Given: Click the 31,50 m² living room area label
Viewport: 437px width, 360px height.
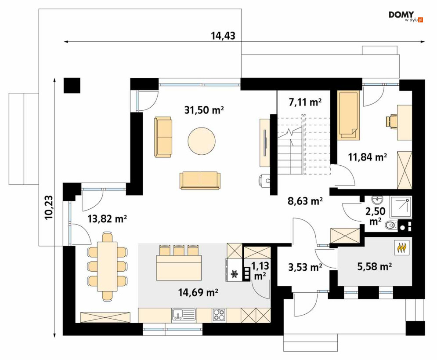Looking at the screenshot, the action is [204, 110].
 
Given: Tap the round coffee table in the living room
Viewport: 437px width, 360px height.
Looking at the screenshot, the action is [202, 141].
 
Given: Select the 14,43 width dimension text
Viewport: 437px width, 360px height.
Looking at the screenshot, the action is [223, 36].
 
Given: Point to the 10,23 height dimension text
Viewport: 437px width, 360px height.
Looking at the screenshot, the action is [49, 207].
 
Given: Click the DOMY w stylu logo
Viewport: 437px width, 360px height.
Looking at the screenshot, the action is [406, 16].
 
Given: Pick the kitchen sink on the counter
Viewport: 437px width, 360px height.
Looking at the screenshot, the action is [184, 315].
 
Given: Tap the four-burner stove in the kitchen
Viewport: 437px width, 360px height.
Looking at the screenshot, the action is [219, 315].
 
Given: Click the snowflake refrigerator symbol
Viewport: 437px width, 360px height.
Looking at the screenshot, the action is [235, 274].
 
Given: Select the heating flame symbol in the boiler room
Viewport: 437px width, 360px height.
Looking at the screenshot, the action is [401, 247].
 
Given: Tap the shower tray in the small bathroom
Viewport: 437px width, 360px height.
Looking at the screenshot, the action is [401, 207].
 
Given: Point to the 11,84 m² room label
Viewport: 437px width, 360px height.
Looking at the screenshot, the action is [367, 157].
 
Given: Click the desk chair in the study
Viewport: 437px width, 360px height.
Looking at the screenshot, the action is [391, 122].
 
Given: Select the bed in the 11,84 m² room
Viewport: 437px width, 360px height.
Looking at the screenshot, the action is [348, 115].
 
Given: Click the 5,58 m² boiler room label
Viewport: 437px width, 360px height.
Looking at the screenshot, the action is [375, 266].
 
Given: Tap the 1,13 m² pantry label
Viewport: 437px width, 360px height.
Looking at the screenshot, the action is [260, 270].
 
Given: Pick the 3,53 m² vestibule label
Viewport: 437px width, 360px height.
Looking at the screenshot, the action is [305, 267].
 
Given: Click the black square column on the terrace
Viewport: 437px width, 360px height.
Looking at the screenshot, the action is [72, 85].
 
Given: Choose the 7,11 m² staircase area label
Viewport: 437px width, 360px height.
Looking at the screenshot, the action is [305, 102].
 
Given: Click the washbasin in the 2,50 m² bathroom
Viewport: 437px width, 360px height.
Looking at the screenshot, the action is [377, 200].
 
